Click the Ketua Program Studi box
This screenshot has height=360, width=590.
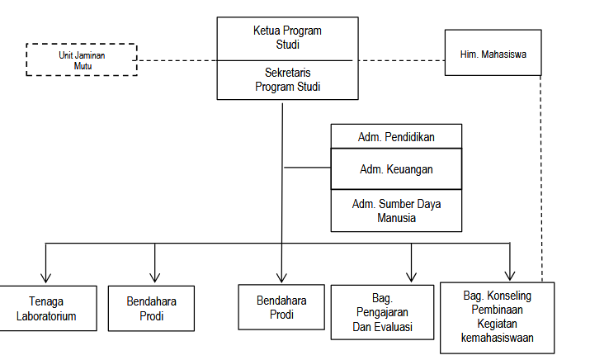[x=286, y=38]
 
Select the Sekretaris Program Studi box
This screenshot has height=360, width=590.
[x=286, y=80]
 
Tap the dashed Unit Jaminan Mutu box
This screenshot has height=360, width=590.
[x=81, y=59]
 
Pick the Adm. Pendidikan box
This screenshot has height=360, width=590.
[x=396, y=136]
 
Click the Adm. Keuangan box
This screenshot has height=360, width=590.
[x=396, y=169]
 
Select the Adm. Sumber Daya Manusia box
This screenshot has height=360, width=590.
[x=396, y=211]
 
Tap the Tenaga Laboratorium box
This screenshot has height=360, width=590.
[x=47, y=308]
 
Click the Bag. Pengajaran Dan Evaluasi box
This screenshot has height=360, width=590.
[x=382, y=312]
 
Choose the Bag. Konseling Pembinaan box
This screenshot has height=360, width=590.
[x=498, y=317]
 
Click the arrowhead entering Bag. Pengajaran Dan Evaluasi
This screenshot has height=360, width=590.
[x=411, y=277]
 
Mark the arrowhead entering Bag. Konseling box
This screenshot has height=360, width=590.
[x=511, y=275]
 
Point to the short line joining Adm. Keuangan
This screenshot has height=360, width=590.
[x=306, y=168]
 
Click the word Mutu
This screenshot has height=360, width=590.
[x=81, y=65]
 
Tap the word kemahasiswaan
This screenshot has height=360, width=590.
[x=498, y=338]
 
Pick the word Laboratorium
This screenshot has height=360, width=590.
[x=47, y=315]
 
